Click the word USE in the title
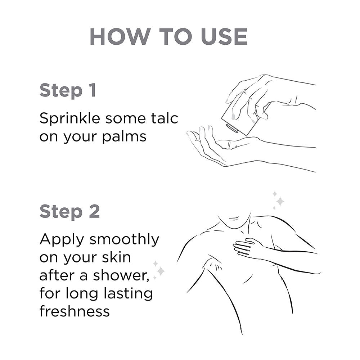224,37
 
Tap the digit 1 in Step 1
93,90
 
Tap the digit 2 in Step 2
94,211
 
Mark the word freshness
75,311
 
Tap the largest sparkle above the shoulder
280,201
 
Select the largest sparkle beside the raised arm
161,271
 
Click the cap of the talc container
232,128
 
